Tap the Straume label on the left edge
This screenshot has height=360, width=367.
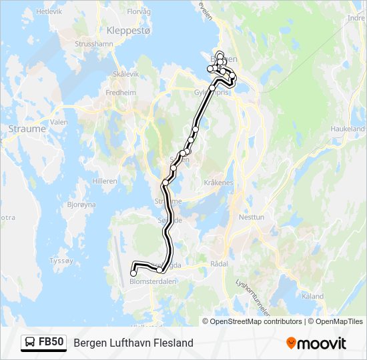click(27, 129)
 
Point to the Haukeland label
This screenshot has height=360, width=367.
click(348, 129)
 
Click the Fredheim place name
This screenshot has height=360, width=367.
click(121, 93)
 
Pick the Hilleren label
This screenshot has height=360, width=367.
click(105, 181)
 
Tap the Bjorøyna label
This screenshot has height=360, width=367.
click(81, 205)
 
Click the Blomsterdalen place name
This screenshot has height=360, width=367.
click(153, 281)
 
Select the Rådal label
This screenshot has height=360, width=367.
click(219, 264)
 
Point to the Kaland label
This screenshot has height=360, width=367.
click(312, 297)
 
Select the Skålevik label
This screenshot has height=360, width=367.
click(125, 74)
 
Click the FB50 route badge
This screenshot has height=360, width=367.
click(44, 343)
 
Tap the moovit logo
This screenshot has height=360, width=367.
click(316, 343)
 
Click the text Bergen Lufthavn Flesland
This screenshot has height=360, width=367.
click(133, 343)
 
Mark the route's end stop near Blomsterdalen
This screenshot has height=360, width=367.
click(133, 273)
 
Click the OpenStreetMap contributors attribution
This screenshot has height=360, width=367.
click(255, 321)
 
